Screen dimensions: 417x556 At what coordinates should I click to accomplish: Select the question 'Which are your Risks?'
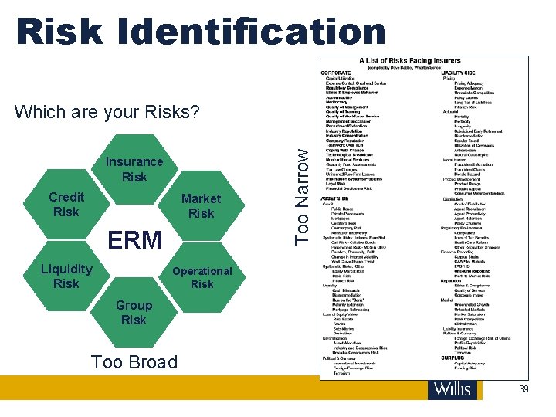(107, 112)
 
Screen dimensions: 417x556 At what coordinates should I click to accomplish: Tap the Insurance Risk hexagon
(134, 169)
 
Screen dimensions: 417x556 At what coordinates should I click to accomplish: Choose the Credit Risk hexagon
(66, 204)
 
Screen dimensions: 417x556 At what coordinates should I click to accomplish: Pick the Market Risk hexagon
(201, 205)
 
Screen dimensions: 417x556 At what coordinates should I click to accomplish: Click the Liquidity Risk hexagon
(66, 276)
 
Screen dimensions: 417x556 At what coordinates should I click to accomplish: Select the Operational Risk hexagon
(202, 277)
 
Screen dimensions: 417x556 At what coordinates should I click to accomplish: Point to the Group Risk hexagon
(134, 312)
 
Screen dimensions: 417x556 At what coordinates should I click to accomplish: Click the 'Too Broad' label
(134, 361)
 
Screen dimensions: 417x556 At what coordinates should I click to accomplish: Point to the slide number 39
(524, 390)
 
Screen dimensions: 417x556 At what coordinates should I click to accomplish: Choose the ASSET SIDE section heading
(337, 198)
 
